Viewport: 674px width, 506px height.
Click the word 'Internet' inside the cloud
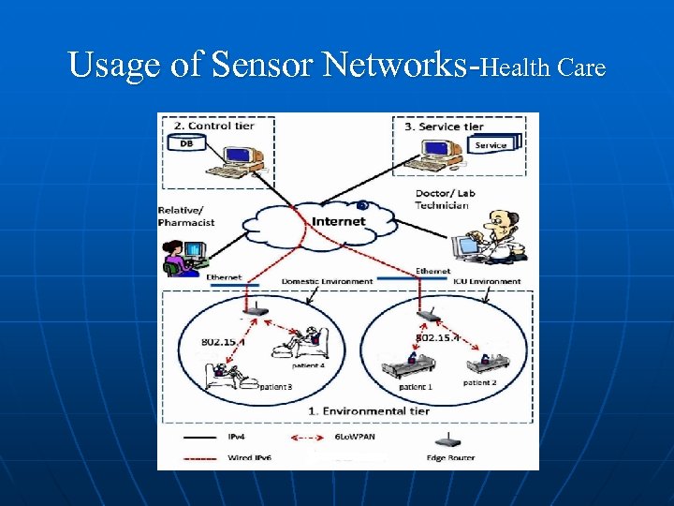[x=339, y=222]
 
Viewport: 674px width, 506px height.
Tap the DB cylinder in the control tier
[x=186, y=142]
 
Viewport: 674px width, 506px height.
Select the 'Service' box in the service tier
[x=491, y=145]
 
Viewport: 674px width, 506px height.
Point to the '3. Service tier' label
[x=444, y=126]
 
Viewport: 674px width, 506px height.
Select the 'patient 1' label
[x=416, y=387]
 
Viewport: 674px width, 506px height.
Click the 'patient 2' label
[x=480, y=382]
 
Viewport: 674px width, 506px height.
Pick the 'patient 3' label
[x=276, y=386]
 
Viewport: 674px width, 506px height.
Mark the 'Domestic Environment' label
[x=328, y=281]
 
